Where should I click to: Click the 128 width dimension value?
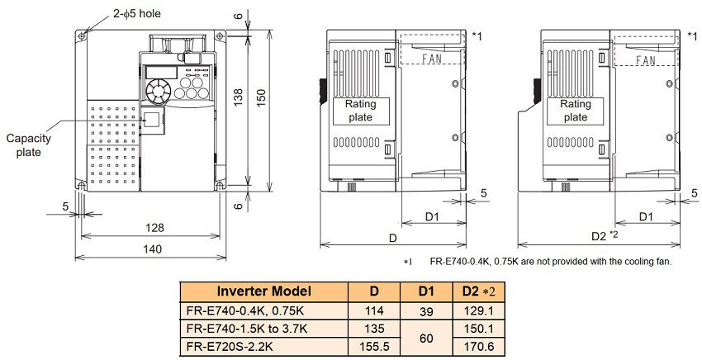154,228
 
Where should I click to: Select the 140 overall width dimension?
152,249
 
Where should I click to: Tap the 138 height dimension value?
238,97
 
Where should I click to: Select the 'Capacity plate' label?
29,145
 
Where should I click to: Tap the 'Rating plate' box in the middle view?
361,111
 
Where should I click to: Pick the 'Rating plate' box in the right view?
576,111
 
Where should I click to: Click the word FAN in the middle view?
432,58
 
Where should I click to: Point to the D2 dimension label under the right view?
599,236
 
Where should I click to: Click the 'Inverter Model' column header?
263,291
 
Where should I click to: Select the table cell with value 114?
374,310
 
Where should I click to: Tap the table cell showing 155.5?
374,346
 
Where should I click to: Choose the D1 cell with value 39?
427,311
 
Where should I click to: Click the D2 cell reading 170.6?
479,347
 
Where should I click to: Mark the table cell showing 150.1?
479,329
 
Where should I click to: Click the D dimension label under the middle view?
393,238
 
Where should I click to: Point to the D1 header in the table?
427,291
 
